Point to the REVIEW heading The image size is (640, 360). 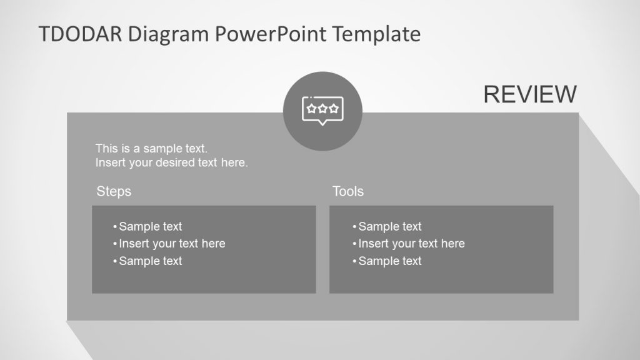click(530, 94)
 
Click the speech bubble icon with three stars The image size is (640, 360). click(322, 111)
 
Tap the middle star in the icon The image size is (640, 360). click(322, 108)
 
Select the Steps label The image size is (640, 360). click(114, 191)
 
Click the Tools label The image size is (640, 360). click(348, 191)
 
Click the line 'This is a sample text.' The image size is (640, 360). click(151, 149)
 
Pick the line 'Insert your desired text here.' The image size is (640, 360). click(172, 163)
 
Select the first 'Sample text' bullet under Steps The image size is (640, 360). click(150, 226)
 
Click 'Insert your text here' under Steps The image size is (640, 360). click(172, 244)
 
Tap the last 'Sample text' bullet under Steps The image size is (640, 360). click(150, 261)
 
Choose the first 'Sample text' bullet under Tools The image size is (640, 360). click(389, 226)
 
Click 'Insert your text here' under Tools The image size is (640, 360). click(411, 244)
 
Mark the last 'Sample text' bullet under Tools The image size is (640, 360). click(389, 261)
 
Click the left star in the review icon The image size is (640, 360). click(311, 108)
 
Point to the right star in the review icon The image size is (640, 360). click(334, 108)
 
